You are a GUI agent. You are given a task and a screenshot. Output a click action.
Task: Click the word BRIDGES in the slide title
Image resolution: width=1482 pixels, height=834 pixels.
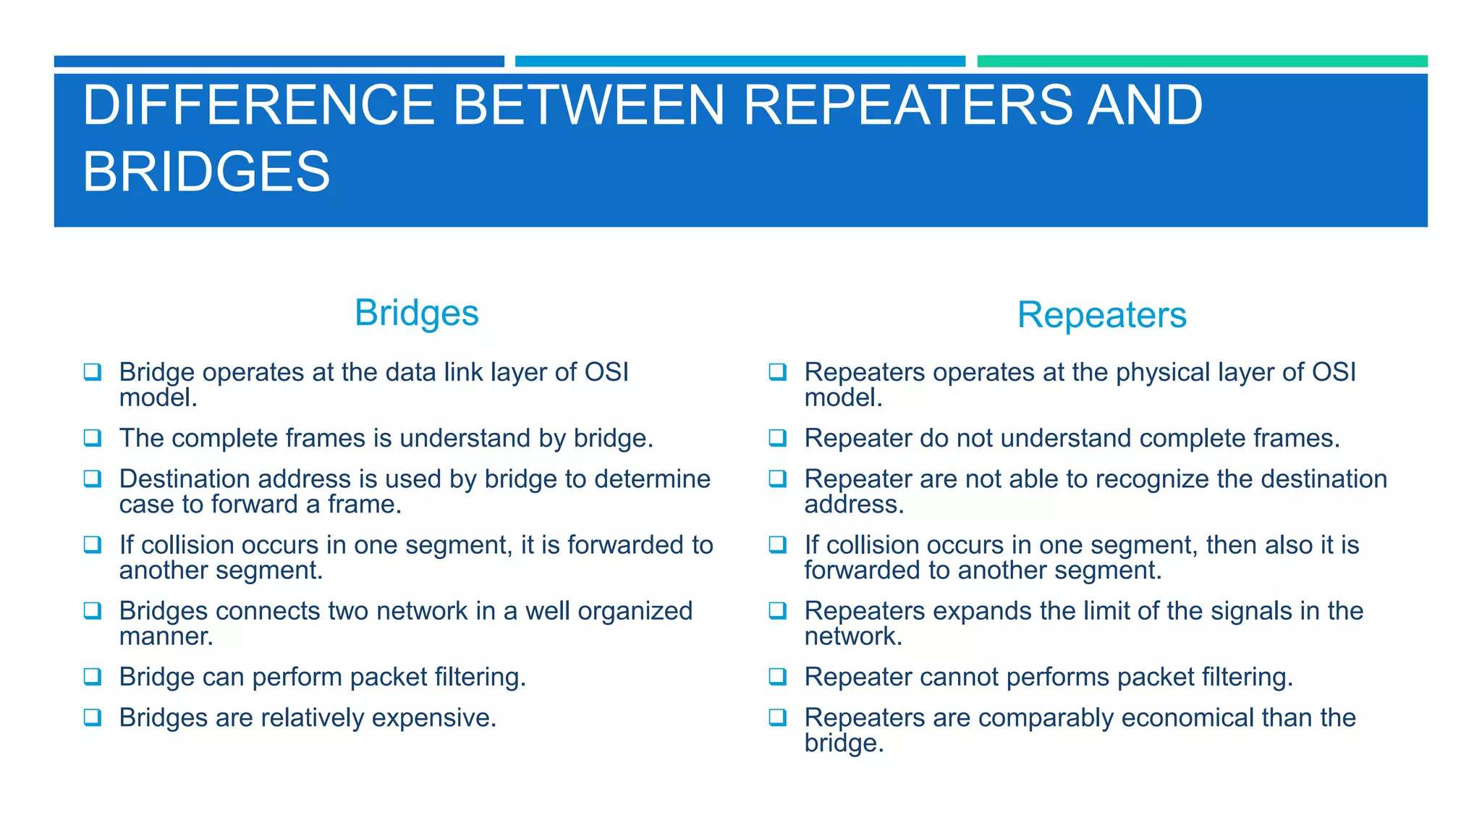pyautogui.click(x=206, y=172)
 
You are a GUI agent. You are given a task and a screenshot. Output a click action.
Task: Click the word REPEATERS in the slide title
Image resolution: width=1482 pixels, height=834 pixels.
pyautogui.click(x=907, y=106)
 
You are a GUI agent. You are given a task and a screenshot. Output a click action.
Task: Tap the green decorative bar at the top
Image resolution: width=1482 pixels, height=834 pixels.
pyautogui.click(x=1202, y=62)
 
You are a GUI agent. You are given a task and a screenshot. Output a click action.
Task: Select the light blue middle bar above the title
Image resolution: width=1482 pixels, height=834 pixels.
pyautogui.click(x=740, y=62)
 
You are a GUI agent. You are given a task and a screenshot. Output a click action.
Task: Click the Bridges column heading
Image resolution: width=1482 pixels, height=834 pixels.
pyautogui.click(x=417, y=313)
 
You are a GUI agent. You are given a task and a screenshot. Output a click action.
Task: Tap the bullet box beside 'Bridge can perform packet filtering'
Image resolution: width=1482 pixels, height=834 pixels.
pyautogui.click(x=92, y=676)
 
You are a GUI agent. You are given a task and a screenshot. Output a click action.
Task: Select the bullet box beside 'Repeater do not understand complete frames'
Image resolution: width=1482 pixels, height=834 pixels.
pyautogui.click(x=777, y=437)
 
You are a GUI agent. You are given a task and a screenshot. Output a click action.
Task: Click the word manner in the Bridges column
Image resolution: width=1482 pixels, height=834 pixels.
pyautogui.click(x=164, y=637)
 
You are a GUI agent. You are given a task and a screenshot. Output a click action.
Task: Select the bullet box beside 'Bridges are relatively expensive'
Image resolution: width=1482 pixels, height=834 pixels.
pyautogui.click(x=92, y=717)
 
